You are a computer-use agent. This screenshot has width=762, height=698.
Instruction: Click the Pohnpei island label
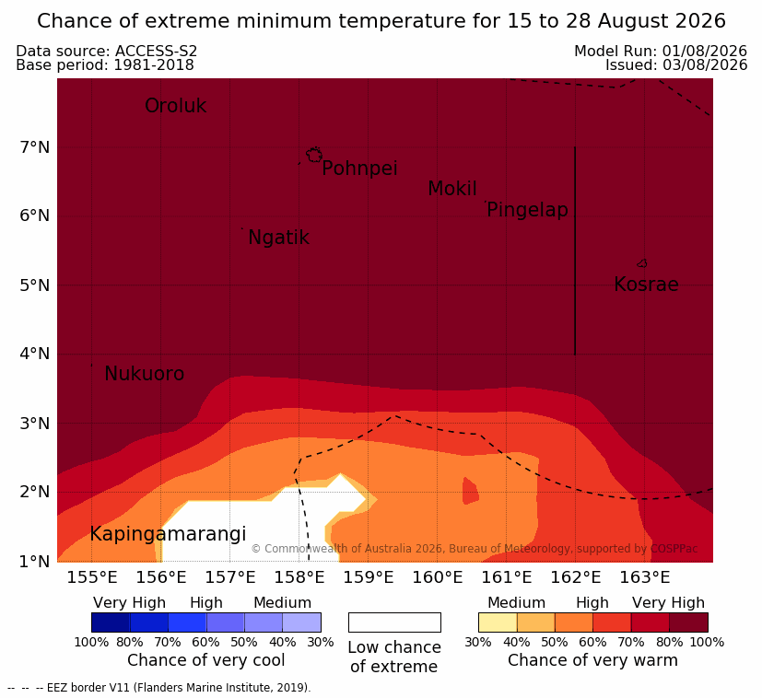pos(359,169)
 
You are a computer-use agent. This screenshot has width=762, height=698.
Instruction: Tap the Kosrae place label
pos(646,285)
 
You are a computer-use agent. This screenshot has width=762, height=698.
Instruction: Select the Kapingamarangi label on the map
pos(168,534)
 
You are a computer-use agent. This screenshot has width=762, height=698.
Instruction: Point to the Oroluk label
pos(175,106)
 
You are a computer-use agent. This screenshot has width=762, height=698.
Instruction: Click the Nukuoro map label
pos(145,374)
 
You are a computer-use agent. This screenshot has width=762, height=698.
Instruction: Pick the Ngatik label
pos(278,238)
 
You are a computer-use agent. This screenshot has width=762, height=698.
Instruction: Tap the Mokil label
pos(452,189)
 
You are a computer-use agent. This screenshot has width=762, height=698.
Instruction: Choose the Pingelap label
pos(527,210)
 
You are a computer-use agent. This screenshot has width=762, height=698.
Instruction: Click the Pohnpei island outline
pos(314,155)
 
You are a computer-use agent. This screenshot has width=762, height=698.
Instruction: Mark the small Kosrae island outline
pos(642,263)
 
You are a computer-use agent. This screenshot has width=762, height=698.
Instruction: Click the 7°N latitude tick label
pos(35,147)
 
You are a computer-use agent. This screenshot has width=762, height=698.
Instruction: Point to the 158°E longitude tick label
pos(299,577)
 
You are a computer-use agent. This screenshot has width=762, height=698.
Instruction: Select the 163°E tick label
pos(645,577)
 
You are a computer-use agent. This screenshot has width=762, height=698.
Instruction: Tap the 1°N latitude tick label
pos(35,562)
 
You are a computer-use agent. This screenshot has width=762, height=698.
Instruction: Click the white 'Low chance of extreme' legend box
pos(394,622)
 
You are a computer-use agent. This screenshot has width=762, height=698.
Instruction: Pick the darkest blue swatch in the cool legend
pos(111,622)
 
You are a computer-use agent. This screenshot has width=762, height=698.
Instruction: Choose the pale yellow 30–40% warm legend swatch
pos(498,622)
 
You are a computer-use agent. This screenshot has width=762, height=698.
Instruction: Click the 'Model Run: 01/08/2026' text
pos(661,51)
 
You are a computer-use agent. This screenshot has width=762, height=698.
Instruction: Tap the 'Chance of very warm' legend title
pos(592,660)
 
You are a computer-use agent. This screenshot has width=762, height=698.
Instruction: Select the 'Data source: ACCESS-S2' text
pos(107,51)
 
